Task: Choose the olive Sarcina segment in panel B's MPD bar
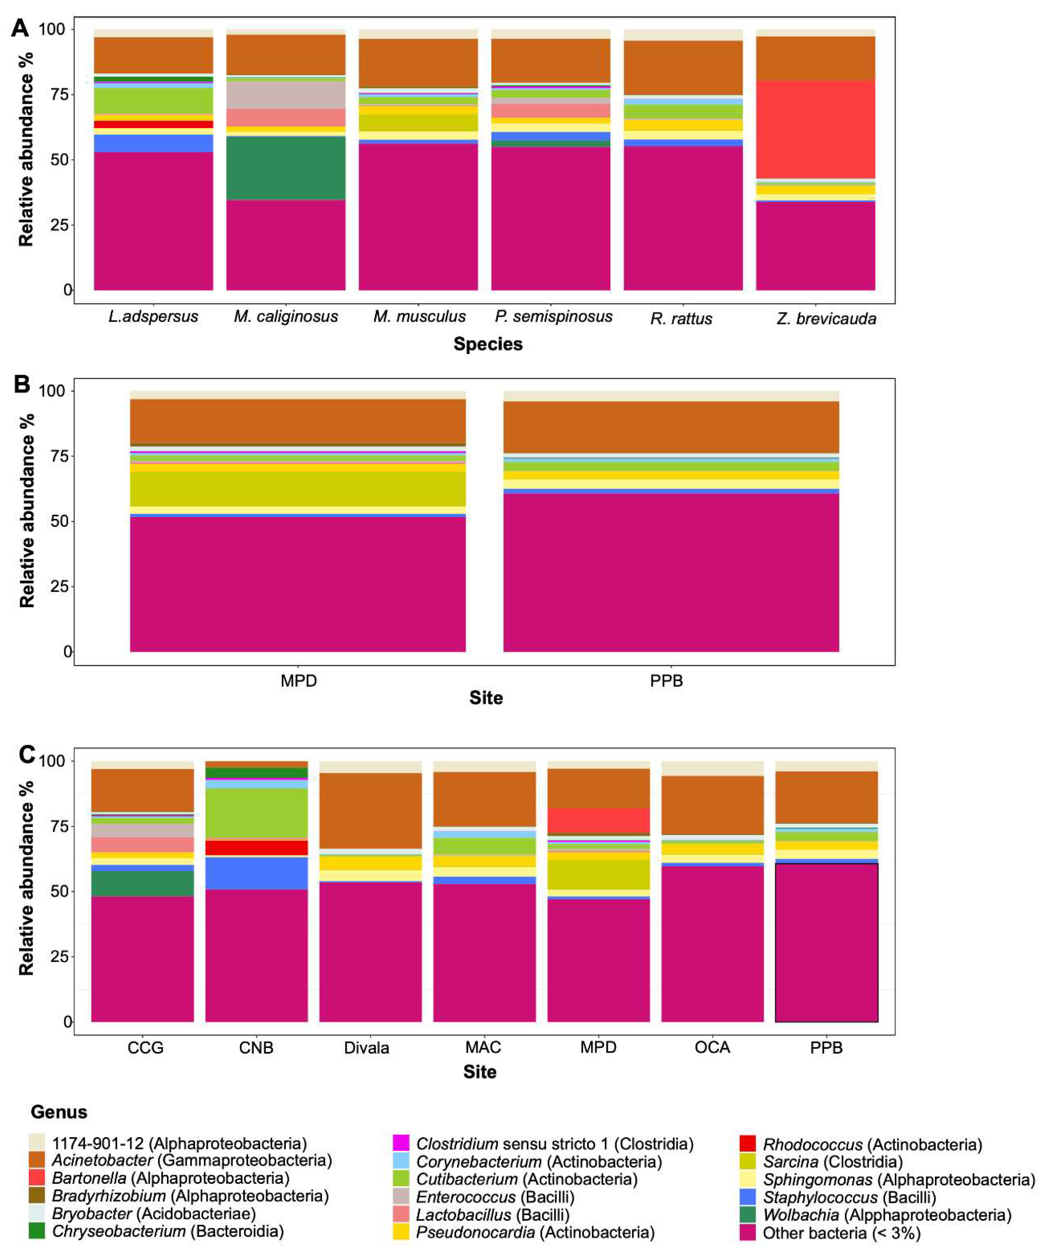pyautogui.click(x=298, y=489)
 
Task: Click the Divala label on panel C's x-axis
pyautogui.click(x=367, y=1048)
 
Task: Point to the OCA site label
pyautogui.click(x=712, y=1047)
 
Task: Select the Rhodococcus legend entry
pyautogui.click(x=872, y=1145)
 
